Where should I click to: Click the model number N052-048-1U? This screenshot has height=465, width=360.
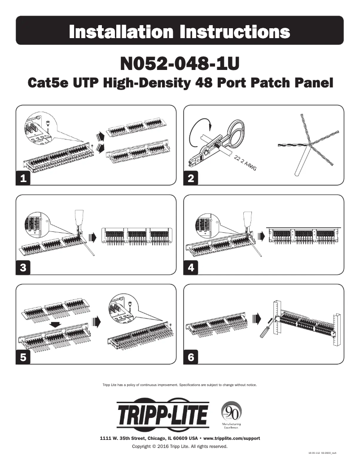click(180, 63)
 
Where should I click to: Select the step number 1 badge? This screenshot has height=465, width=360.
click(23, 178)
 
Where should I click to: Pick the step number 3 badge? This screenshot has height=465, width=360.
click(23, 268)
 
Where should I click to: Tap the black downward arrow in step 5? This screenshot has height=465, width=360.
click(56, 324)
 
